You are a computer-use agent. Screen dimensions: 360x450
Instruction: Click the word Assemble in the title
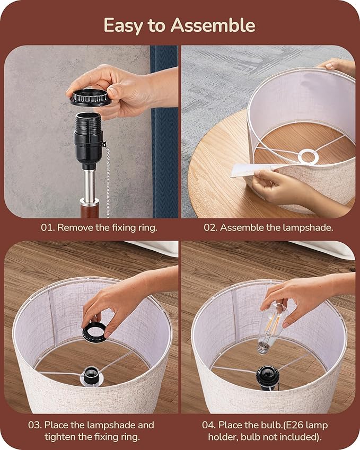(213, 25)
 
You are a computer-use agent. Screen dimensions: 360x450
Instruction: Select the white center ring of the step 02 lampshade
(308, 157)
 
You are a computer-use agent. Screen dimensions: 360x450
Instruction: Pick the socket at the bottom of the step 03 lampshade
(91, 376)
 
